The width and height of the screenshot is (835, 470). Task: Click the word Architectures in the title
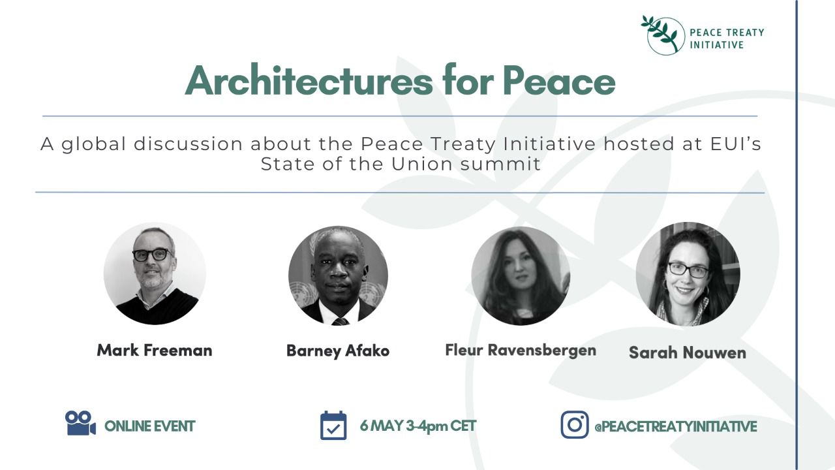click(309, 80)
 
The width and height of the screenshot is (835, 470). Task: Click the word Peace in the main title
click(559, 81)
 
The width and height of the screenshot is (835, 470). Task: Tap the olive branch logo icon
click(663, 35)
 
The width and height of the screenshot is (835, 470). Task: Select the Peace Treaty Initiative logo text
click(727, 39)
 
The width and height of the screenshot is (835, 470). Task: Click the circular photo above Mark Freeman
click(155, 274)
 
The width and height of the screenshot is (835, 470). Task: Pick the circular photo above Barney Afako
click(338, 275)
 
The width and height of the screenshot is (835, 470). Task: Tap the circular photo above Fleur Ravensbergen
click(521, 275)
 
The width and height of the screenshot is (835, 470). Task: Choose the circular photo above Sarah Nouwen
click(688, 274)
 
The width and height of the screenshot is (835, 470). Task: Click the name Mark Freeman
click(155, 351)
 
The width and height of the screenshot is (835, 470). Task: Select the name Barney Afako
click(338, 351)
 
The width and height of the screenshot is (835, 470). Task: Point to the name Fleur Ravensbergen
click(521, 351)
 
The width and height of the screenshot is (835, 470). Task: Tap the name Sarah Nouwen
click(688, 352)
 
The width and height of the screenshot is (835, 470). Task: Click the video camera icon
click(80, 423)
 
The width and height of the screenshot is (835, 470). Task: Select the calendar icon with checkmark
click(333, 425)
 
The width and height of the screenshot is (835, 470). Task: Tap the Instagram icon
click(575, 424)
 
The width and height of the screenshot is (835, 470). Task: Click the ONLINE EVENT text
click(149, 426)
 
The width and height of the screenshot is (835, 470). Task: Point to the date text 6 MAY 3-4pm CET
click(418, 426)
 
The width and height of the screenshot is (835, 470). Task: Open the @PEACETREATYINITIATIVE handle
click(675, 426)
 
